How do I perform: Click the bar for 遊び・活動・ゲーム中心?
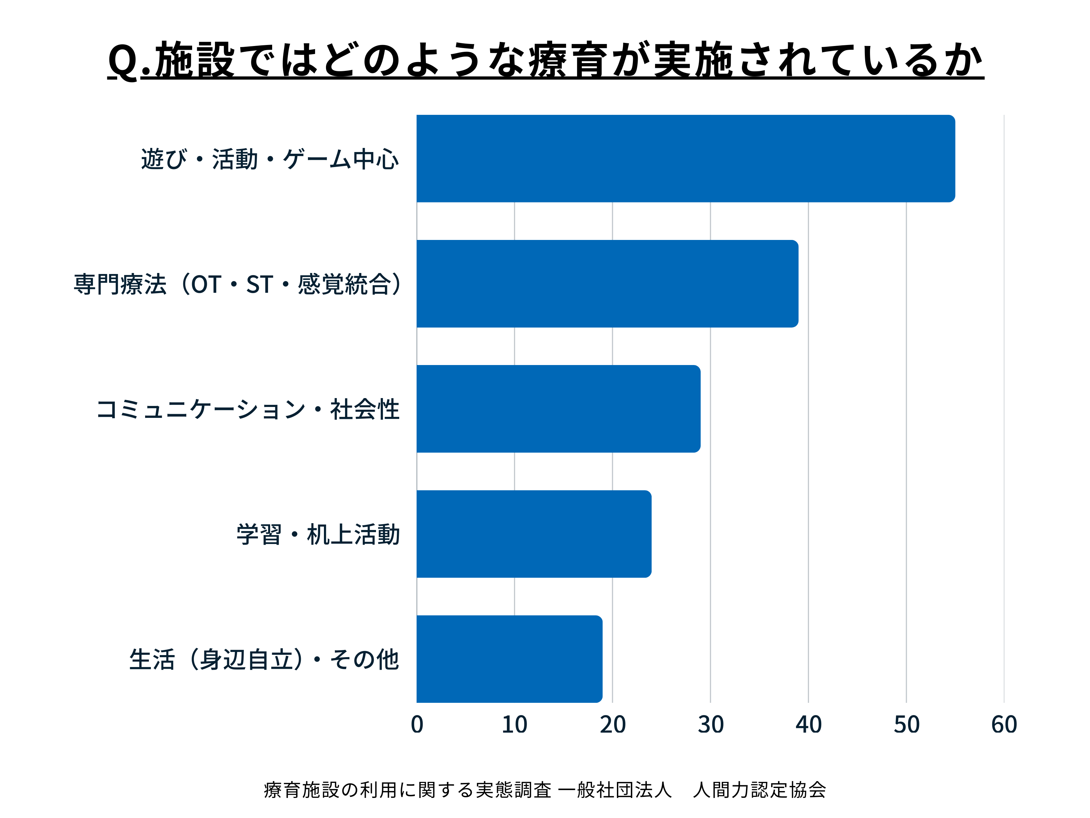[x=685, y=158]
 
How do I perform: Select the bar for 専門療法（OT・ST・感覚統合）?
[x=607, y=284]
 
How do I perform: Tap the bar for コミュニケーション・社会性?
[x=558, y=409]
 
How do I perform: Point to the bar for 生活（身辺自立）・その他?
[x=509, y=659]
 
